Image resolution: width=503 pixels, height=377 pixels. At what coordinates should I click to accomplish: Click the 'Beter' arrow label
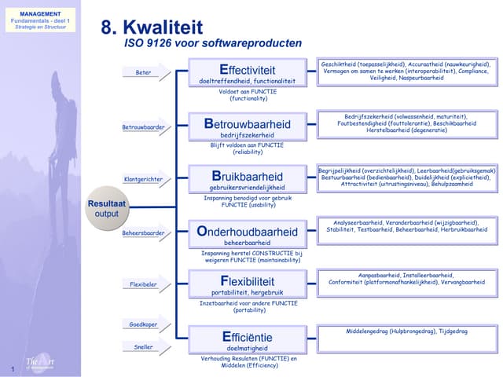[x=145, y=73]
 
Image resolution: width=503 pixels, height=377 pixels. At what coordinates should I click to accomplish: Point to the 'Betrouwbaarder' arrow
[x=145, y=127]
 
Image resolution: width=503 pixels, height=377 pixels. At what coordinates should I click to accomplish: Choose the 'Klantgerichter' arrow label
[x=145, y=180]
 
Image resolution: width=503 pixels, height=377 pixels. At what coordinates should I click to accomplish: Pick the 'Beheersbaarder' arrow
[x=145, y=233]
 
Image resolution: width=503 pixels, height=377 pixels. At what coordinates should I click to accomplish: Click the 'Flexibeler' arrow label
[x=145, y=284]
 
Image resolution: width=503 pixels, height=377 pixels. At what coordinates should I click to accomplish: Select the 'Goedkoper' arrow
[x=145, y=324]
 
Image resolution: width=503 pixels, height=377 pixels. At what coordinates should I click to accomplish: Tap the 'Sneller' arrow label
[x=145, y=346]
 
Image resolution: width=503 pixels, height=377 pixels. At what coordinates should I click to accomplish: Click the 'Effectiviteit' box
[x=248, y=73]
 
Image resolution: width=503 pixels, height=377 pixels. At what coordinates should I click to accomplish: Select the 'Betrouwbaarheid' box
[x=248, y=127]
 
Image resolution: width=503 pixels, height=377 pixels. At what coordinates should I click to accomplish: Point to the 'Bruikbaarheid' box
[x=248, y=180]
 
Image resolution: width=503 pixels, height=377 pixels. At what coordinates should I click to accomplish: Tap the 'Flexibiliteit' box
[x=248, y=284]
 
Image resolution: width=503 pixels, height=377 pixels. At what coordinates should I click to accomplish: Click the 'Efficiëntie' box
[x=248, y=340]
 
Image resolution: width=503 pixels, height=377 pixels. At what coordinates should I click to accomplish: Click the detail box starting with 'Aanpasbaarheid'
[x=406, y=280]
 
